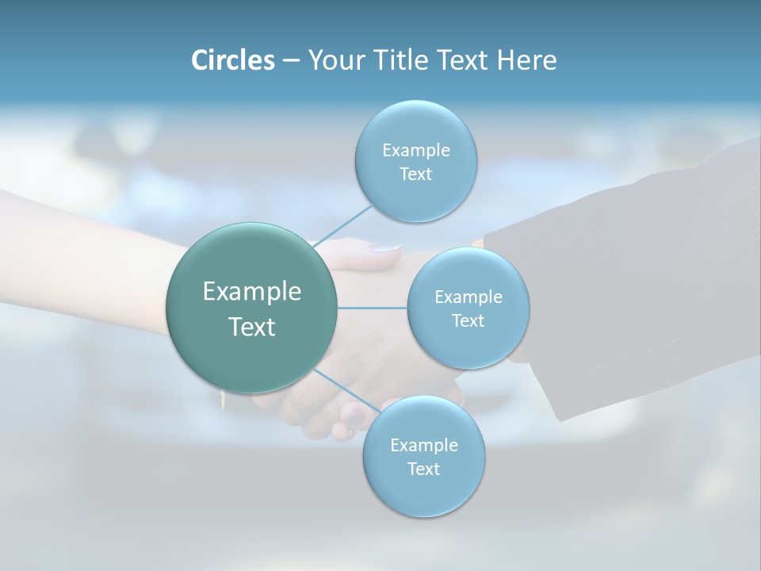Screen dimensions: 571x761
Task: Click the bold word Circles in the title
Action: tap(232, 60)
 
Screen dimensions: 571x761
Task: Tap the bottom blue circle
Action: tap(423, 492)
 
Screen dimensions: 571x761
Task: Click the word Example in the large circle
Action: tap(252, 291)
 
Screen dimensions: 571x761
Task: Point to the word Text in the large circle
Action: tap(252, 327)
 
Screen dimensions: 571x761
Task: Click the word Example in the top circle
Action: tap(416, 150)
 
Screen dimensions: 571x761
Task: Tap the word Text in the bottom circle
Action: tap(423, 469)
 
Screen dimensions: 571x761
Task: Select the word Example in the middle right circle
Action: tap(468, 297)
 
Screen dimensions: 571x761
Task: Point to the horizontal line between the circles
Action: tap(372, 307)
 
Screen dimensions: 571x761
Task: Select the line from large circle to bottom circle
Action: tap(346, 389)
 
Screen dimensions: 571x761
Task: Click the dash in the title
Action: tap(291, 60)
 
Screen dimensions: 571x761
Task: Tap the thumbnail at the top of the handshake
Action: tap(386, 248)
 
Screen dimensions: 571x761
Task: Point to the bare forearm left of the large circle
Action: tap(79, 254)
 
